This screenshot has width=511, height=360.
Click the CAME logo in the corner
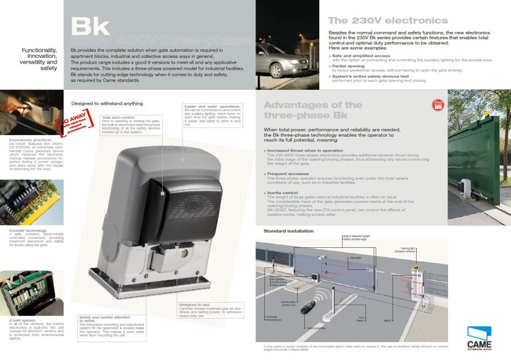pos(479,338)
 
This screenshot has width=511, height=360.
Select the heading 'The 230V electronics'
pos(388,21)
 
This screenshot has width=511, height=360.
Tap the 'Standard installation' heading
pos(288,231)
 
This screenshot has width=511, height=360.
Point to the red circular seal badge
pos(438,105)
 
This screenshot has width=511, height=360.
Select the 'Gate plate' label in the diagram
pos(355,258)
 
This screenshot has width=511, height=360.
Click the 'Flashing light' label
pos(409,248)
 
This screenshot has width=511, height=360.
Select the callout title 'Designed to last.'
pos(195,305)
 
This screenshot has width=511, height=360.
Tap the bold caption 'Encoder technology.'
pos(28,230)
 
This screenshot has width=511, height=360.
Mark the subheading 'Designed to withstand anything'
pos(107,103)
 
